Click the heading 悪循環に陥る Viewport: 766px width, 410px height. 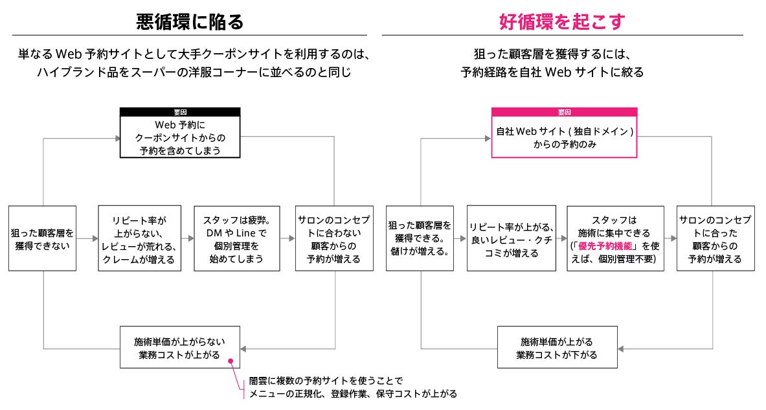[190, 22]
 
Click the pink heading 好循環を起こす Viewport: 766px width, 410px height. [562, 22]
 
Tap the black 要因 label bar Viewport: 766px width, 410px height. [180, 112]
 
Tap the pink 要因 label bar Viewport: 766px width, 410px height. [564, 112]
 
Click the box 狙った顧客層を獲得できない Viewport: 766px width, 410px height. [42, 238]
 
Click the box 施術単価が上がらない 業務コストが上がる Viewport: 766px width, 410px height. [180, 347]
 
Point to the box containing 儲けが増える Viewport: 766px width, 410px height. [419, 238]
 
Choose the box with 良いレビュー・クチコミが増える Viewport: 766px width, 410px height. [511, 238]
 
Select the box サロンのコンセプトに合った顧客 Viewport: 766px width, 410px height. [715, 238]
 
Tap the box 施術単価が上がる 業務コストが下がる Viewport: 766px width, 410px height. [556, 347]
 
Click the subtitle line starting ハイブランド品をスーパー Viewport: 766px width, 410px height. [194, 71]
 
